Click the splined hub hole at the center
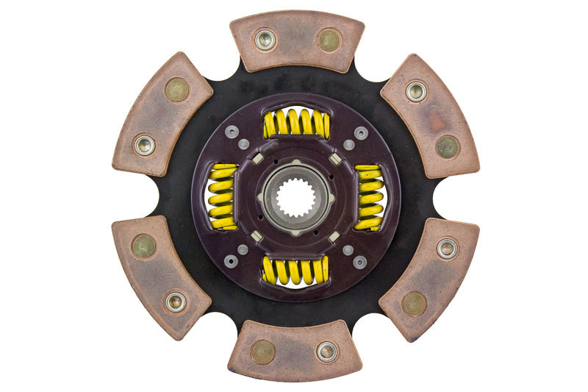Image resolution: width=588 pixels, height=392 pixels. click(x=295, y=196)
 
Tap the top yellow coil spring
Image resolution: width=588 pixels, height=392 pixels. click(x=295, y=123)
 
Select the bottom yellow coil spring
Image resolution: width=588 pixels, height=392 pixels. click(x=295, y=271)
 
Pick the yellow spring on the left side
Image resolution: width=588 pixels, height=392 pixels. click(x=222, y=196)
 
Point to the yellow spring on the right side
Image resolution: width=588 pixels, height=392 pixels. click(x=369, y=196)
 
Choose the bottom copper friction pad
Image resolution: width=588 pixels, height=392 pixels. click(x=295, y=351)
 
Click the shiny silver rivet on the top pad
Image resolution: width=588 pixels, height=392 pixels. click(x=265, y=39)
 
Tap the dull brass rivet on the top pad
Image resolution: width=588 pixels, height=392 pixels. click(x=329, y=40)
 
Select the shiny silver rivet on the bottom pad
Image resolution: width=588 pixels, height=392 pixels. click(x=326, y=352)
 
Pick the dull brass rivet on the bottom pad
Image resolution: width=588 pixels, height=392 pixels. click(x=262, y=352)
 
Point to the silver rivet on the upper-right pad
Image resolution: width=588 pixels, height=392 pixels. click(x=416, y=91)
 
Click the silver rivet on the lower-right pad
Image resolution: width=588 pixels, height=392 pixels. click(x=446, y=248)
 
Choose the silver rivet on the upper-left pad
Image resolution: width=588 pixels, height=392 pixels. click(x=145, y=145)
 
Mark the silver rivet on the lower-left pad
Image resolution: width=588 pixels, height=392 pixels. click(x=175, y=301)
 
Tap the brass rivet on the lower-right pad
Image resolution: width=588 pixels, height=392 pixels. click(x=415, y=302)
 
